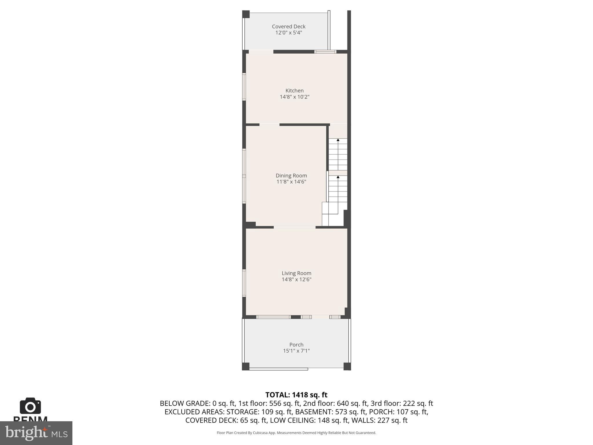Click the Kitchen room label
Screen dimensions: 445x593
coord(294,91)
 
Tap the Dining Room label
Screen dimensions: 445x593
coord(291,176)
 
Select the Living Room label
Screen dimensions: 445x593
coord(296,273)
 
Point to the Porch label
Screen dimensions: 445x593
coord(296,344)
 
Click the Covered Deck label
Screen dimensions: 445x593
coord(288,26)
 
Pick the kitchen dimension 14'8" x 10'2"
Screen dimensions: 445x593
coord(294,97)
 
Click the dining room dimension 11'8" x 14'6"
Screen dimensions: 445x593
coord(291,182)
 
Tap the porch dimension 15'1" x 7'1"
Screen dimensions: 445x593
coord(296,351)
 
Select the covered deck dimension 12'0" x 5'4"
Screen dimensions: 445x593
coord(288,33)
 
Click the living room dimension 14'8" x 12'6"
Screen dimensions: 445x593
coord(296,280)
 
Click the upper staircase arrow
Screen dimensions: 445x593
coord(338,140)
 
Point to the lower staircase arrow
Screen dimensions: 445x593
coord(338,177)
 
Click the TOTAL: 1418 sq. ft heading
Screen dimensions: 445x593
coord(296,395)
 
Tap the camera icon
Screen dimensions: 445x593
coord(30,406)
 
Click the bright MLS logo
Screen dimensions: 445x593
coord(36,433)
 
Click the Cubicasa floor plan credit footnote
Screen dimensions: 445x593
coord(296,433)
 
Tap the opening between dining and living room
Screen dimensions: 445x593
coord(294,227)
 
